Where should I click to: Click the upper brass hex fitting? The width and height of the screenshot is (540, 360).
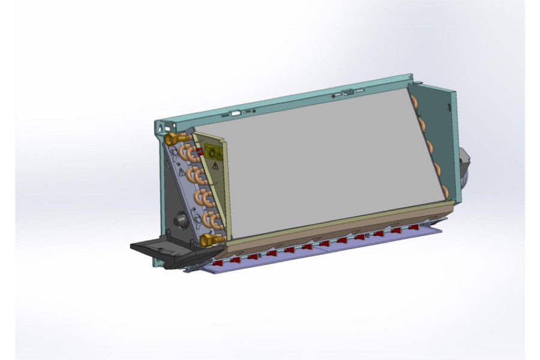coord(170,139)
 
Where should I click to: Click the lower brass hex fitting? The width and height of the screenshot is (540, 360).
coord(208,241)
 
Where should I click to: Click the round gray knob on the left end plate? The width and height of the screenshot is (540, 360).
coord(179,221)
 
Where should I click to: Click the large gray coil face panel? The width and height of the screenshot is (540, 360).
coord(330,162)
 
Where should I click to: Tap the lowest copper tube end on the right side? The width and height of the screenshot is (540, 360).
coord(445,191)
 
